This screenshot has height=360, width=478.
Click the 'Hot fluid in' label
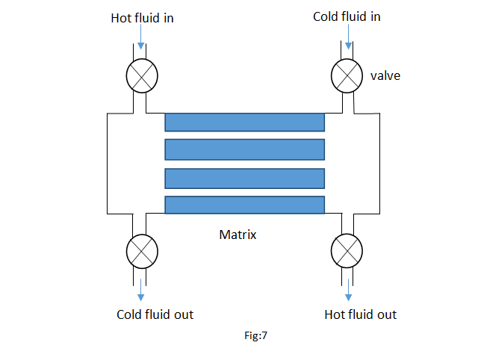(142, 18)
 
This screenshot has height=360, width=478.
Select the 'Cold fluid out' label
(155, 314)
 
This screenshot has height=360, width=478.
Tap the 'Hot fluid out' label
(361, 314)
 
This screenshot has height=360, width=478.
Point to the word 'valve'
(385, 75)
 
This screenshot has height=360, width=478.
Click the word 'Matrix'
(238, 235)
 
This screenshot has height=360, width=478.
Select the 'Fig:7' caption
(255, 336)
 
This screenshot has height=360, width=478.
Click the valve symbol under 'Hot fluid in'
(141, 74)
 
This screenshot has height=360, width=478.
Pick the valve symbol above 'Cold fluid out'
(141, 251)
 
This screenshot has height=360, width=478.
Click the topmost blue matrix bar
(245, 122)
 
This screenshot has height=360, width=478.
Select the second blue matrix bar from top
(245, 149)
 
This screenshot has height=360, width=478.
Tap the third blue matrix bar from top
(245, 178)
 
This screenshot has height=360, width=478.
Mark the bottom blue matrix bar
(245, 205)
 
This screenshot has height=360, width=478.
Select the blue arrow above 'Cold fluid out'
(141, 287)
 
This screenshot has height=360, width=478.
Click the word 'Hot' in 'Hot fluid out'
(335, 314)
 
